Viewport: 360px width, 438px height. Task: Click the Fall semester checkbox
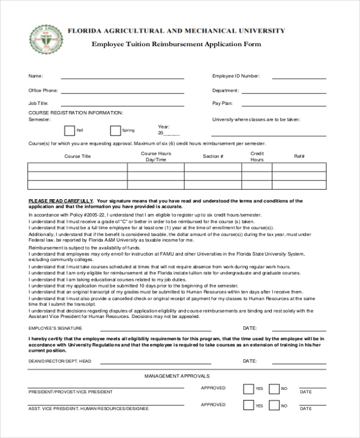70,130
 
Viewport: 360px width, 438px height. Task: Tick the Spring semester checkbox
115,130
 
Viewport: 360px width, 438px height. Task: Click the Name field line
122,78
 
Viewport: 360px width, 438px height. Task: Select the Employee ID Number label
236,76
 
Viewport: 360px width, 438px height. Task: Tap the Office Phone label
43,91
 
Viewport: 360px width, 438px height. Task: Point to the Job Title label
38,103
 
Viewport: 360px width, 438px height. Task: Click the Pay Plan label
223,103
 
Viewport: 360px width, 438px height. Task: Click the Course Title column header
77,157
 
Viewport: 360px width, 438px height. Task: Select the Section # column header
213,157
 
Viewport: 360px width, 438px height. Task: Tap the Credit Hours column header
257,157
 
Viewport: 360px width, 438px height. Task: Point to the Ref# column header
299,157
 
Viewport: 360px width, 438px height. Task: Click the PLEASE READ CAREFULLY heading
61,201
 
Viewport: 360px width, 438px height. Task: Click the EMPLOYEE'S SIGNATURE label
55,329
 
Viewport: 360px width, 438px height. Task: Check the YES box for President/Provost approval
248,389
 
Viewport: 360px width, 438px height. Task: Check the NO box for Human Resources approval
274,406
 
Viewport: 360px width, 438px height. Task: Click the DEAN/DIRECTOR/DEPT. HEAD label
60,361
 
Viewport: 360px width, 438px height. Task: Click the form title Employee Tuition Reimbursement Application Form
176,44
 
